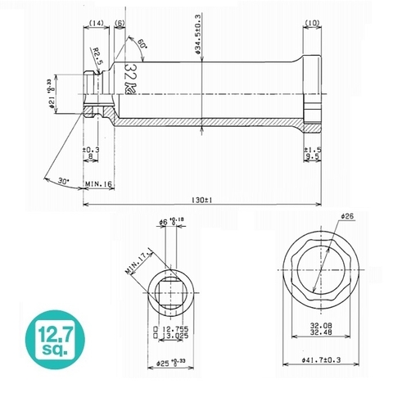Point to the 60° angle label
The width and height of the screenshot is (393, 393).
[x=142, y=43]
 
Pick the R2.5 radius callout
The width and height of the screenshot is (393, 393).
[x=97, y=59]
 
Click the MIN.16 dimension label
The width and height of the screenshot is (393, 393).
[x=98, y=186]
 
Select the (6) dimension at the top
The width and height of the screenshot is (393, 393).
[x=121, y=25]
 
